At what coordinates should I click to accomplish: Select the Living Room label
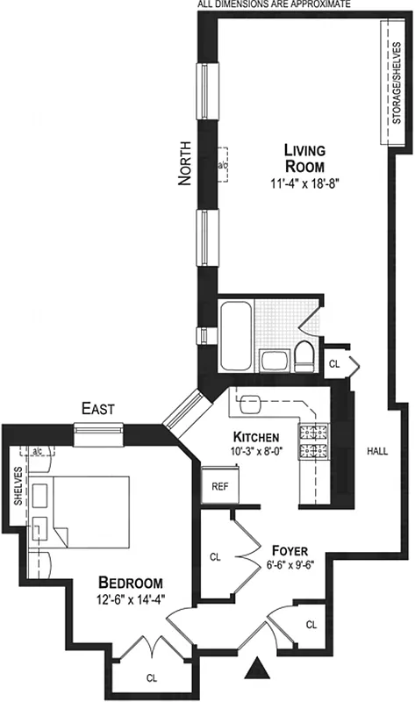(304, 158)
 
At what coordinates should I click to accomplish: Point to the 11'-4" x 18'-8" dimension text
(304, 184)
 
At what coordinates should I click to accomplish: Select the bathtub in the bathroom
(237, 336)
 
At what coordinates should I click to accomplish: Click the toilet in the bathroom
(304, 355)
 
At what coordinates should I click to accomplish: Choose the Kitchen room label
(256, 437)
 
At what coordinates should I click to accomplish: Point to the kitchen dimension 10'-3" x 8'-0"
(256, 453)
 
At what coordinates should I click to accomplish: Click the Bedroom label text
(130, 584)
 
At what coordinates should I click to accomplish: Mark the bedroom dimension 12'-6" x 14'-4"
(130, 601)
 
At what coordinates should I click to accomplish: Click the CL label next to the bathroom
(334, 362)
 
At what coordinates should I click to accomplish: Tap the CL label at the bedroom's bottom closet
(152, 677)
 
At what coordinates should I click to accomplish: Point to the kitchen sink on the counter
(250, 402)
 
